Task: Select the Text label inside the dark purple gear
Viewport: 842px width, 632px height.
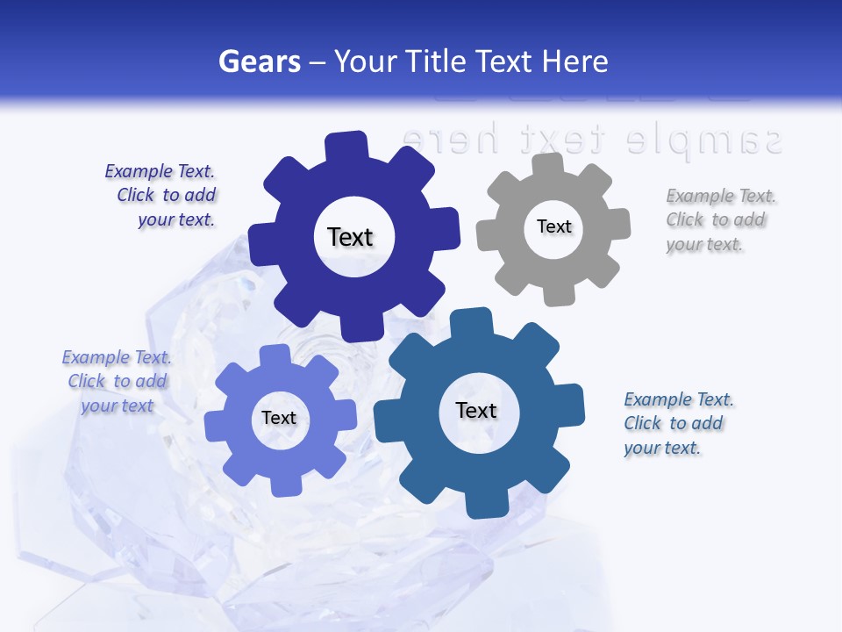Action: (x=351, y=237)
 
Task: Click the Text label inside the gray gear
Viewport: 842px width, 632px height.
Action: (x=553, y=226)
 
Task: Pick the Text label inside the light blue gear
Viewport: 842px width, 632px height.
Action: (x=279, y=418)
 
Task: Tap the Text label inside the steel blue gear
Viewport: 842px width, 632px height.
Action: (x=476, y=410)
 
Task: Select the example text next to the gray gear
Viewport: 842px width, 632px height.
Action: (x=717, y=219)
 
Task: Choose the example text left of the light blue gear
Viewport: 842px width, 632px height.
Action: (x=117, y=381)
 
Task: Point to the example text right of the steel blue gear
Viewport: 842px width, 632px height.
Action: (x=677, y=423)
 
